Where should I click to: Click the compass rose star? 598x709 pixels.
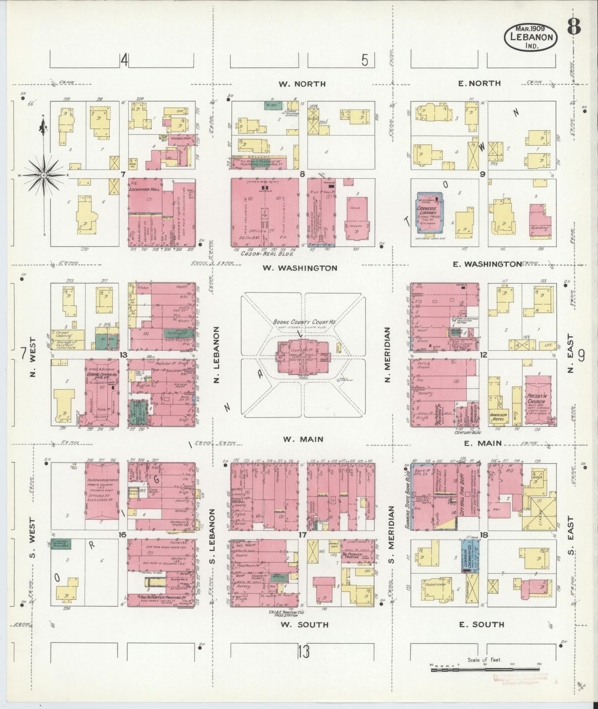[43, 175]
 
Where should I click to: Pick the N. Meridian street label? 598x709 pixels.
[388, 354]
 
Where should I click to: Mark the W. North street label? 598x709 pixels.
[302, 84]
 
